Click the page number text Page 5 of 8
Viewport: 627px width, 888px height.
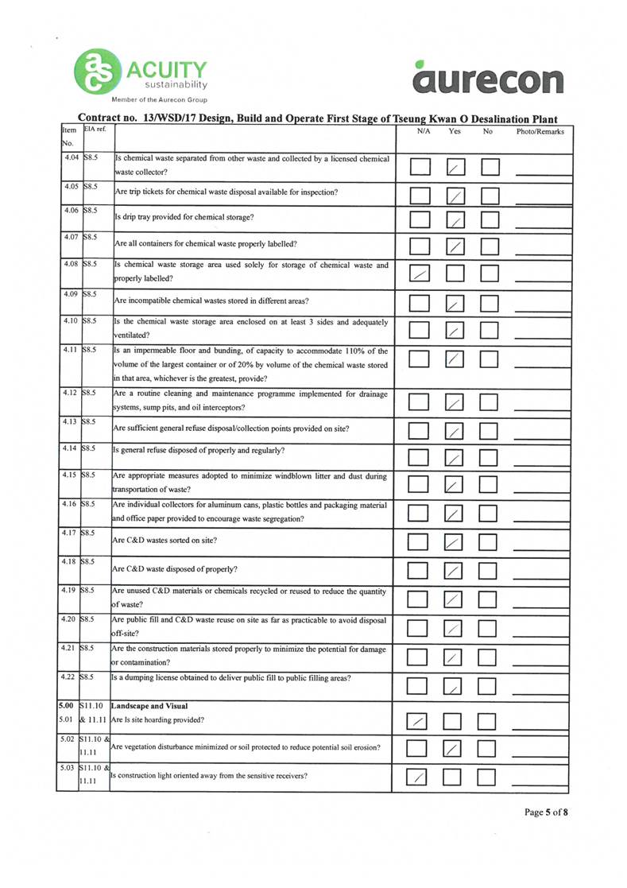coord(546,812)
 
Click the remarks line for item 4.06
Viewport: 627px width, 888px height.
coord(540,224)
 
